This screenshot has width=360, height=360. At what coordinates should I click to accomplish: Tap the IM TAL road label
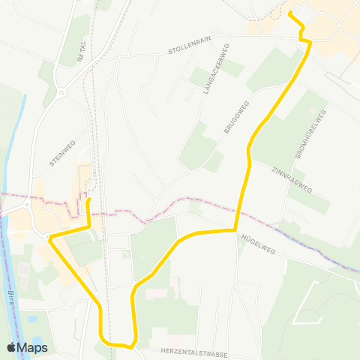pos(84,52)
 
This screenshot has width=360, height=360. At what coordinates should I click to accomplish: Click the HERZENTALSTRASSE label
pos(193,350)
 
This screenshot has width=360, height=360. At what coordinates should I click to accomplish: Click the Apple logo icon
pos(12,347)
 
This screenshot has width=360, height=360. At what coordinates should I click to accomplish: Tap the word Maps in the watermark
pos(33,347)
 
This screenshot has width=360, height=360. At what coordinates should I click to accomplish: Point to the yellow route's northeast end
pos(290,13)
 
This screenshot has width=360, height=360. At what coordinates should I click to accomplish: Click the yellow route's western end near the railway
pos(88,201)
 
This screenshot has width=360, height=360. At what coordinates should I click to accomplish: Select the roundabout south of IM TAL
pos(61,92)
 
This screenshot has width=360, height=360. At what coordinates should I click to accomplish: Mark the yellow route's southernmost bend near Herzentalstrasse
pos(132,346)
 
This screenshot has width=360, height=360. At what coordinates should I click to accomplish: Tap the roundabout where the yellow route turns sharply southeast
pos(48,238)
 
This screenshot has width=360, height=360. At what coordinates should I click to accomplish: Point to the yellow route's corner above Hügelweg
pos(235,229)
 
